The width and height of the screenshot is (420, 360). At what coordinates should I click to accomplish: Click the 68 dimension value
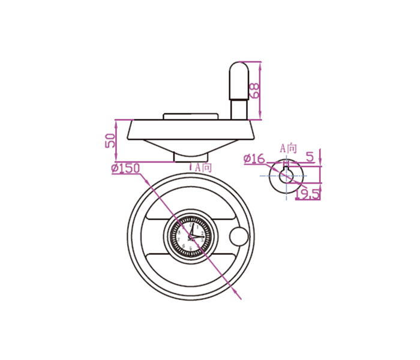(x=254, y=91)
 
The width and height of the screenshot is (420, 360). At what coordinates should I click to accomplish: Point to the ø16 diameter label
(x=254, y=158)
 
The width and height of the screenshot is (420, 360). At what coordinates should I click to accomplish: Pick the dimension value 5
(x=310, y=157)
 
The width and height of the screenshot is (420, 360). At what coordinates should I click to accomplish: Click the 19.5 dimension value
(x=307, y=193)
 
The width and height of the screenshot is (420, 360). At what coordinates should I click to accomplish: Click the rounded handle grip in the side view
(x=238, y=81)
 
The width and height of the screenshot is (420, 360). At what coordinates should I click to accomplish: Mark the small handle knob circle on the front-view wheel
(x=238, y=236)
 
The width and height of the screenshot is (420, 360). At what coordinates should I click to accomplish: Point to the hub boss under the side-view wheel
(x=188, y=157)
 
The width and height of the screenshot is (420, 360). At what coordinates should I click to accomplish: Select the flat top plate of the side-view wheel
(x=191, y=115)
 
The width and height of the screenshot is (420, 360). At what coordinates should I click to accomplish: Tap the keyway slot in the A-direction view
(x=286, y=164)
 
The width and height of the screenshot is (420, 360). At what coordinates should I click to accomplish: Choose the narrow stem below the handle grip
(x=238, y=110)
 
